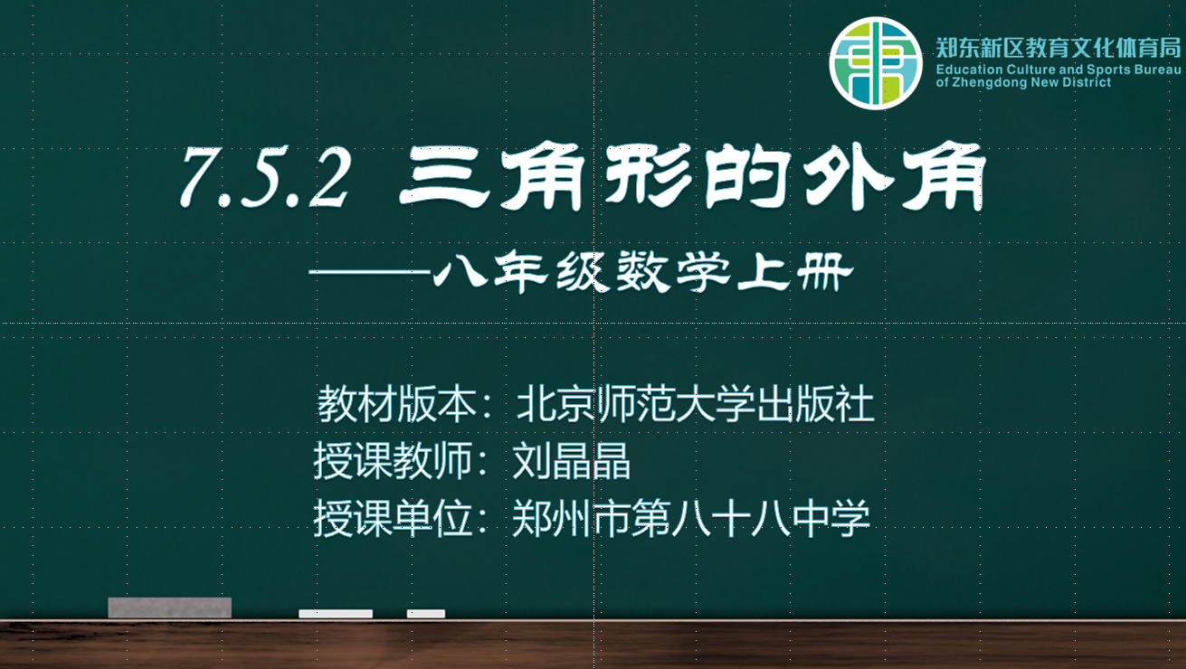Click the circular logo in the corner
click(876, 63)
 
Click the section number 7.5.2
click(265, 177)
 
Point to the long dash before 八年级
click(371, 272)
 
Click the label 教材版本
click(396, 404)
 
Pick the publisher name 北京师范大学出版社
click(695, 404)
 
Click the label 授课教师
click(393, 461)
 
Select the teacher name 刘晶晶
click(572, 461)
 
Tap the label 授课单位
click(393, 518)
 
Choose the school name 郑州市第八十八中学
click(691, 518)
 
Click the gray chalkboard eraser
click(169, 608)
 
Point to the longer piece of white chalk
click(336, 614)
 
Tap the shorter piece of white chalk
click(426, 614)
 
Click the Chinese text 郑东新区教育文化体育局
click(1058, 48)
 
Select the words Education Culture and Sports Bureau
click(1058, 70)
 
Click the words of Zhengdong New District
click(1023, 82)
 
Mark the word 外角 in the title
click(895, 177)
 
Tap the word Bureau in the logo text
click(1157, 70)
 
